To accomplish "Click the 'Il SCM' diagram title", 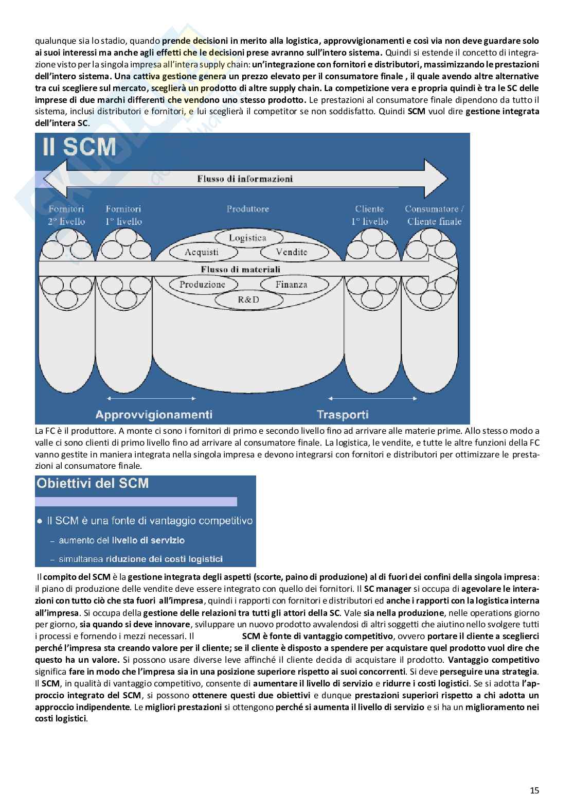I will pos(80,148).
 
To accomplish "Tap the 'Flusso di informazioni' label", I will pos(245,179).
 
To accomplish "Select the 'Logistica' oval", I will pos(247,238).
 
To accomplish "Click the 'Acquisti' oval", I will pos(201,252).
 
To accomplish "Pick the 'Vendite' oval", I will pos(291,252).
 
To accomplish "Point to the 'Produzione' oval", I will pos(202,284).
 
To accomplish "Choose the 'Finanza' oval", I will pos(291,284).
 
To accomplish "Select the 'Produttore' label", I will pos(247,209).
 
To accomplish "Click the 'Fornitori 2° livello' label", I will pos(66,215).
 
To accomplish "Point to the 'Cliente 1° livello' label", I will pos(369,215).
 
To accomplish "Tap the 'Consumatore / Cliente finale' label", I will pos(434,215).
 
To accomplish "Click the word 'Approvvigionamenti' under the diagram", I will pos(154,414).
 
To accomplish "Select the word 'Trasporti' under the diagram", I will pos(343,414).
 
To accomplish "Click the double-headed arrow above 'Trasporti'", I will pos(372,398).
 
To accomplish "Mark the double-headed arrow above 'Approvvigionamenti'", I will pos(150,398).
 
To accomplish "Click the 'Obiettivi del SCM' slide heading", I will pos(93,483).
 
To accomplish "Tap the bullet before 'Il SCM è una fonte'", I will pos(40,521).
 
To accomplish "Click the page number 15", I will pos(534,790).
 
